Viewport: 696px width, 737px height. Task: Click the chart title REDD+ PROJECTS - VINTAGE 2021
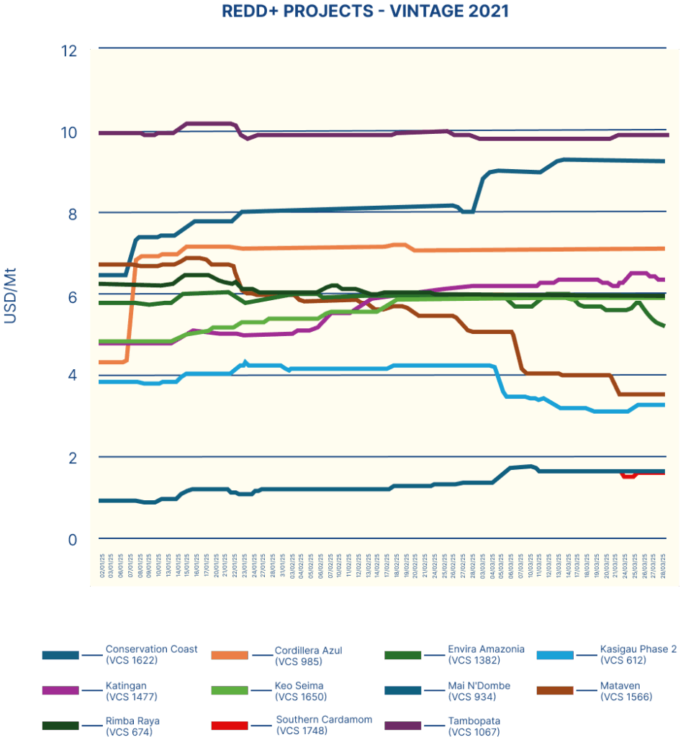point(365,11)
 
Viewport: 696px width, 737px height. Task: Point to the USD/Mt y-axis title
point(10,296)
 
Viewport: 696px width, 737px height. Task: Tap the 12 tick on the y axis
point(69,51)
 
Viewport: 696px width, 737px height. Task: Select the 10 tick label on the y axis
point(69,133)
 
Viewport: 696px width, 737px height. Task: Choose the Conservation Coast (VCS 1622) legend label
point(151,654)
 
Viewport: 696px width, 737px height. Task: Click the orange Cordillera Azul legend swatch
point(229,655)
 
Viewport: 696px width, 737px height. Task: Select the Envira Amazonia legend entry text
point(486,654)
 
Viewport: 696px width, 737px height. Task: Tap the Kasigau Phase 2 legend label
point(638,654)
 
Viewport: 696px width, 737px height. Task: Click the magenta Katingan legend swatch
point(60,691)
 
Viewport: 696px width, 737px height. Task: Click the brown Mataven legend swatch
point(555,691)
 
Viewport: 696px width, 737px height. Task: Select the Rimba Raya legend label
point(132,726)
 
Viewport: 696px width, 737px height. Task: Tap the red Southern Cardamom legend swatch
point(229,725)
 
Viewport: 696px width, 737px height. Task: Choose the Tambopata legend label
point(474,726)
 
